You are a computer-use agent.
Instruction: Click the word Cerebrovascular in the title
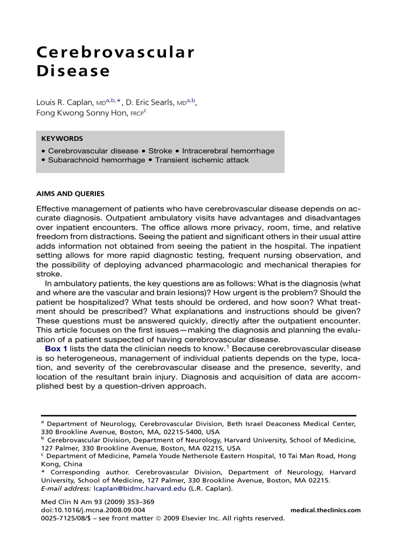coord(115,52)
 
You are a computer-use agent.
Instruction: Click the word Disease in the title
coord(73,71)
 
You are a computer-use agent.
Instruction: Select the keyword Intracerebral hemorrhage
coord(228,151)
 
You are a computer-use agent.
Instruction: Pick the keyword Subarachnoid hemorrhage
coord(96,160)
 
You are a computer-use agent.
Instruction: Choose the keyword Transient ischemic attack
coord(202,160)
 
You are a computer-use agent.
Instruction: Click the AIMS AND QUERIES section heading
coord(70,194)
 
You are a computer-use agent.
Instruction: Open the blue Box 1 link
coord(56,349)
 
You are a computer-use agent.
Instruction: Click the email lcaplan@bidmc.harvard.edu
coord(140,489)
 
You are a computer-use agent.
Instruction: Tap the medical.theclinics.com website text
coord(325,510)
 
